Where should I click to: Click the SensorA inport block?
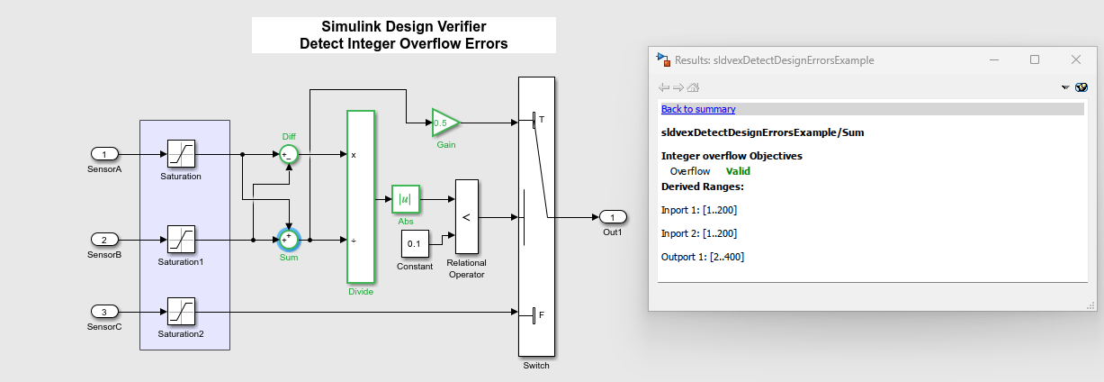pyautogui.click(x=104, y=154)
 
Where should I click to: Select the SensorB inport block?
pyautogui.click(x=104, y=241)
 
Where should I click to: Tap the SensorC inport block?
pyautogui.click(x=104, y=313)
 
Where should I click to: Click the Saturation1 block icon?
pyautogui.click(x=181, y=241)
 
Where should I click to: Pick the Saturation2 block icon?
pyautogui.click(x=181, y=313)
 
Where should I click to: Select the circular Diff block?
pyautogui.click(x=288, y=154)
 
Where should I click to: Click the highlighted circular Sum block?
pyautogui.click(x=288, y=240)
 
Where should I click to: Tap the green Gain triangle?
pyautogui.click(x=444, y=122)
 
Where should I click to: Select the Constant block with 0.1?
pyautogui.click(x=414, y=243)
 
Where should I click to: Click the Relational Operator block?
pyautogui.click(x=466, y=216)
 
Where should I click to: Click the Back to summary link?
pyautogui.click(x=698, y=109)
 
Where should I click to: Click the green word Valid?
pyautogui.click(x=738, y=171)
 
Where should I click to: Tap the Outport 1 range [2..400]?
pyautogui.click(x=703, y=257)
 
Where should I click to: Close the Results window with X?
pyautogui.click(x=1076, y=59)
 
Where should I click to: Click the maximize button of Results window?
pyautogui.click(x=1035, y=59)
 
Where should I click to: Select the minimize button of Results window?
pyautogui.click(x=993, y=59)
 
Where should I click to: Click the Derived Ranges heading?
pyautogui.click(x=702, y=186)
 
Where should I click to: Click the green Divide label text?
pyautogui.click(x=360, y=291)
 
